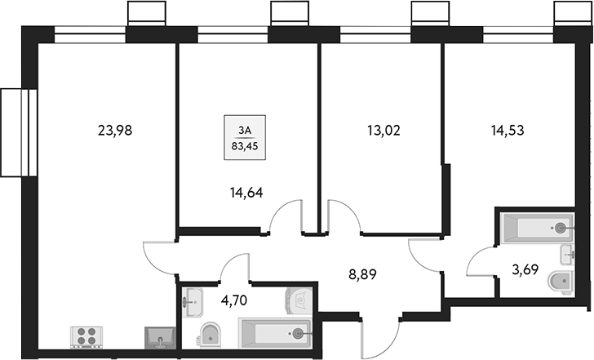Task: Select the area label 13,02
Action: pos(383,128)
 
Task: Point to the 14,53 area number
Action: pos(508,128)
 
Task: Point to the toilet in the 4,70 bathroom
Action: pos(211,334)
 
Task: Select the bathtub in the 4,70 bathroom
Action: pos(273,332)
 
